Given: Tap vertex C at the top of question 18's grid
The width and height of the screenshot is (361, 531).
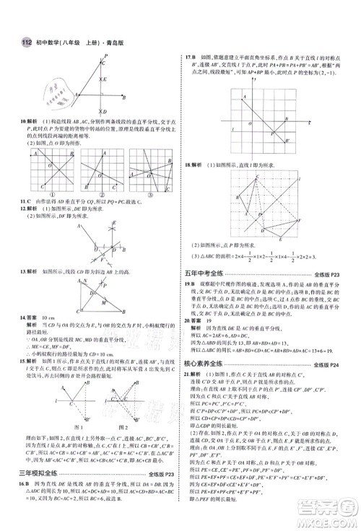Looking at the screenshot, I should [258, 174].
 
